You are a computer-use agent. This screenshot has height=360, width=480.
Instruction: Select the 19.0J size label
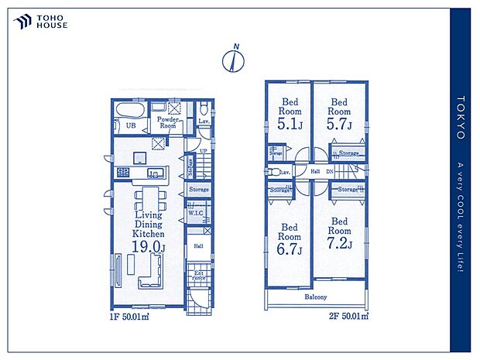148,247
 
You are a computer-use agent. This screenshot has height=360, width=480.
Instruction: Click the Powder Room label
168,122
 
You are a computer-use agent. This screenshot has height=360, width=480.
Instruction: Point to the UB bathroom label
132,125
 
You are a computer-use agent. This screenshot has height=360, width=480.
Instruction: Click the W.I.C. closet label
194,214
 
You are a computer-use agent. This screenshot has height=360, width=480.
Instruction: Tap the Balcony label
315,297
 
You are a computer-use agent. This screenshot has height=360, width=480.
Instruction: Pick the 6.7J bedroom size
290,249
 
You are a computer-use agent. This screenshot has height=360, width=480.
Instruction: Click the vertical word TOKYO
461,118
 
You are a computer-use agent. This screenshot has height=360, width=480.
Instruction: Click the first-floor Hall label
198,246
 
